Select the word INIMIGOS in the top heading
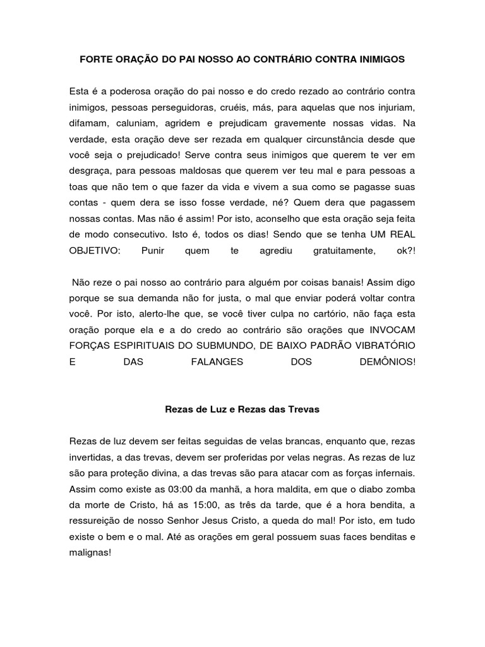381,59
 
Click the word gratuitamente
349,251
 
